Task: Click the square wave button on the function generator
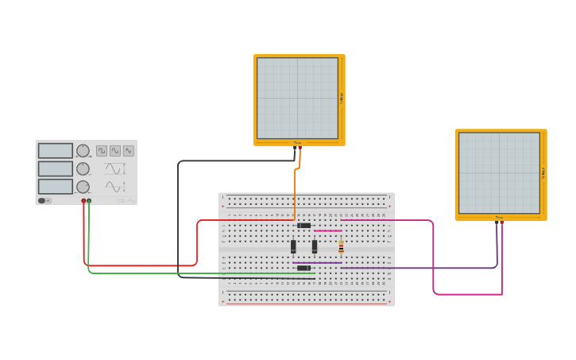coord(102,151)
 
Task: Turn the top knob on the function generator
coord(83,151)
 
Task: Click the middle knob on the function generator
coord(83,168)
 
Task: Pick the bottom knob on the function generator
coord(83,187)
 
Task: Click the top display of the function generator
coord(56,151)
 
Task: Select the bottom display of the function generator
coord(56,187)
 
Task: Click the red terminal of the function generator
coord(83,202)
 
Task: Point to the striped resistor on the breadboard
coord(342,246)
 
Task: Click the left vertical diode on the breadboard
coord(293,246)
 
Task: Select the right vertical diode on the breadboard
coord(315,246)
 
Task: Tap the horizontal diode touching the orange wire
coord(303,225)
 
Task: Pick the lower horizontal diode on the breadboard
coord(303,268)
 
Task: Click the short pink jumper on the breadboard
coord(327,230)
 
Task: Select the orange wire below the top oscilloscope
coord(295,191)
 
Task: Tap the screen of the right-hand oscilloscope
coord(499,173)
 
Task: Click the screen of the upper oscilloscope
coord(298,98)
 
